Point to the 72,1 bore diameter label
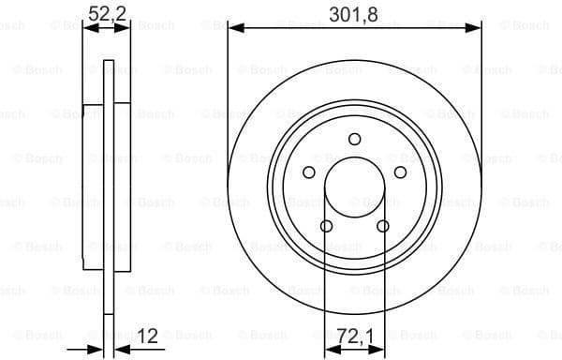click(354, 336)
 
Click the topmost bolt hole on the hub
click(354, 140)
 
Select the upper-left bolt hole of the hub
click(308, 172)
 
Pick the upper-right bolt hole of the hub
click(400, 172)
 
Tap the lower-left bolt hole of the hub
click(326, 226)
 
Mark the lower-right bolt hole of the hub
click(382, 226)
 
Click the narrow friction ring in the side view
click(107, 281)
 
